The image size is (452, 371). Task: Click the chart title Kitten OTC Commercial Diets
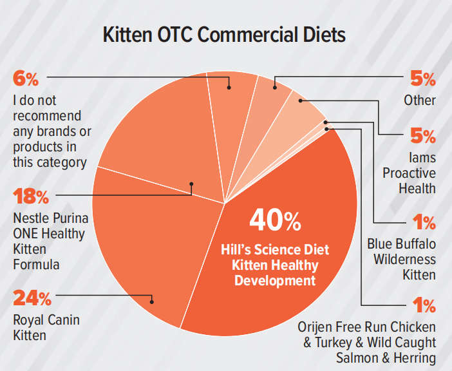click(x=225, y=35)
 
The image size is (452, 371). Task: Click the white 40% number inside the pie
click(x=275, y=220)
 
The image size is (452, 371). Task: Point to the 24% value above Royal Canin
click(x=32, y=298)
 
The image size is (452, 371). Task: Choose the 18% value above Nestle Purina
click(x=32, y=195)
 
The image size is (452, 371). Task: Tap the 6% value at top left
click(x=26, y=79)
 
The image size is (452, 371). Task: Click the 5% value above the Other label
click(x=423, y=79)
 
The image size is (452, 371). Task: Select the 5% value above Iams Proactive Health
click(x=423, y=136)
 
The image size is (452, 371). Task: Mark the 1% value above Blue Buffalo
click(x=424, y=223)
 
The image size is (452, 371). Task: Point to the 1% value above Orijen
click(x=424, y=305)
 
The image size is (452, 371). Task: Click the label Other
click(x=420, y=100)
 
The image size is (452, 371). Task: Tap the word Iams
click(x=422, y=157)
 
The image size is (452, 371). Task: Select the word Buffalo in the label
click(x=414, y=244)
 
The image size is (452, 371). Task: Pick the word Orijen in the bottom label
click(x=314, y=327)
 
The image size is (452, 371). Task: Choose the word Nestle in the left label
click(x=30, y=217)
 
